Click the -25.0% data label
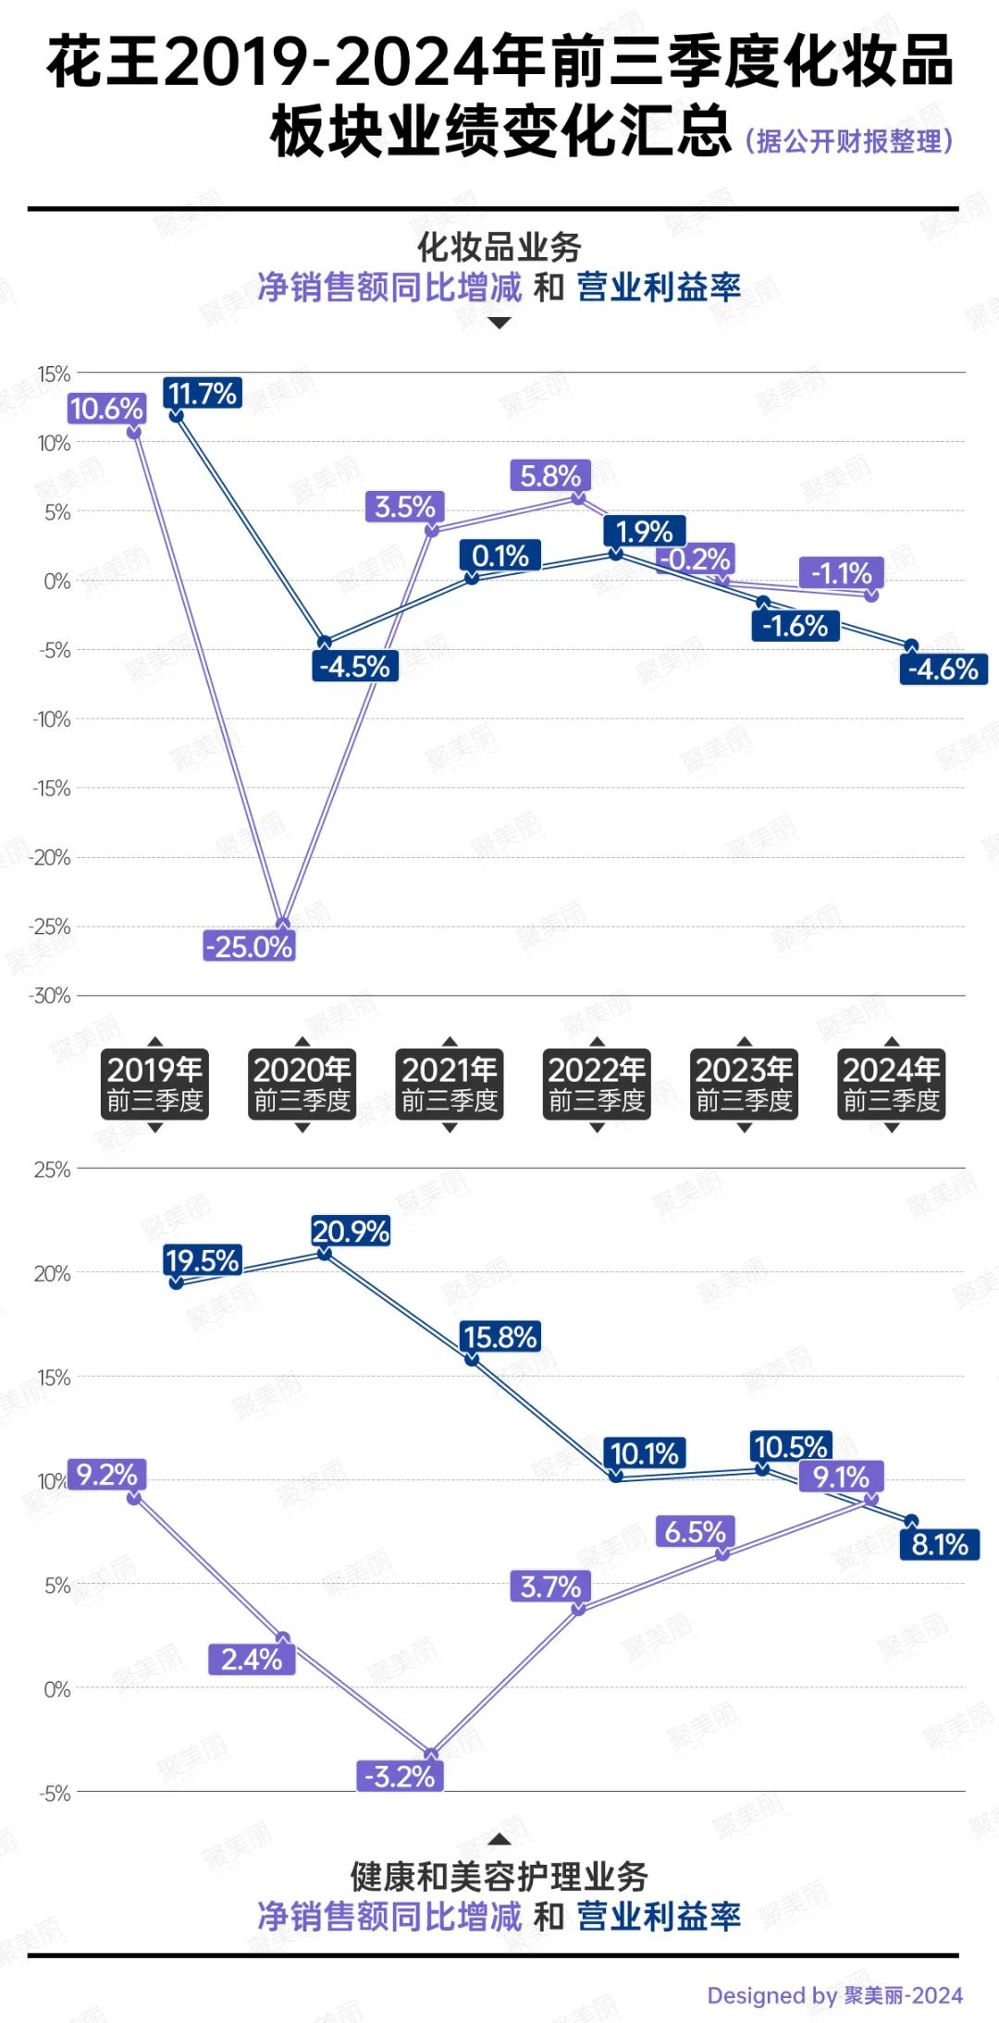coord(249,947)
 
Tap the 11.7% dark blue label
coord(203,394)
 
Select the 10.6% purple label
coord(106,409)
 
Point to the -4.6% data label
coord(943,669)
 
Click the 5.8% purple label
coord(550,476)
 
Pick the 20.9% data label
coord(351,1232)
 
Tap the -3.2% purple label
coord(400,1776)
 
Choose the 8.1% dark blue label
coord(939,1544)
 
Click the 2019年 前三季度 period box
coord(154,1084)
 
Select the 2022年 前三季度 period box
coord(597,1084)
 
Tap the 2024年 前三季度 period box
coord(891,1084)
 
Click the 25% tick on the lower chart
coord(52,1170)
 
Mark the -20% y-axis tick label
coord(50,857)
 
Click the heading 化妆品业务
coord(499,248)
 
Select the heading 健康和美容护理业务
coord(499,1877)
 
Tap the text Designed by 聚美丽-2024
coord(834,1995)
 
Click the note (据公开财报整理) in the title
coord(849,141)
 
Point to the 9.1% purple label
coord(841,1477)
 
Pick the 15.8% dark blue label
coord(499,1337)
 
